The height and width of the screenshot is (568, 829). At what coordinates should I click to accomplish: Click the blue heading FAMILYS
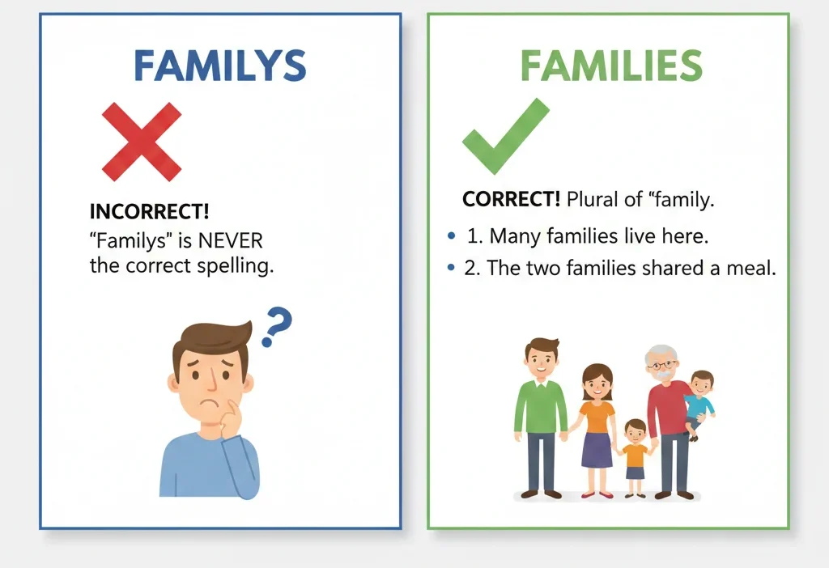point(219,66)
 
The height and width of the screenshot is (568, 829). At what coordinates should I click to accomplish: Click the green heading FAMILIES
point(610,66)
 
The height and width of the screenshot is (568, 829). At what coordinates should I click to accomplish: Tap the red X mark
point(142,141)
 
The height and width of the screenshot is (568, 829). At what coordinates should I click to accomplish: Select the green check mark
point(504,136)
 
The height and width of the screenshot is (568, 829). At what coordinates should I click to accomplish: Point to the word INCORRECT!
point(149,212)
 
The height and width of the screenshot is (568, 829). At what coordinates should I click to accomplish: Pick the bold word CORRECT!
point(511,199)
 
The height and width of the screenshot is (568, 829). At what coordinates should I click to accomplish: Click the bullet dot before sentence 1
point(450,236)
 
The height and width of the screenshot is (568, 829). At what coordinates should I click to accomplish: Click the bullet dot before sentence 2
point(450,269)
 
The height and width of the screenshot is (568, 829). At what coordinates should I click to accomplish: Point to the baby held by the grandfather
point(699,401)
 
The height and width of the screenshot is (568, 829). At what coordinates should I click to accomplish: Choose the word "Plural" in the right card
point(593,199)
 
